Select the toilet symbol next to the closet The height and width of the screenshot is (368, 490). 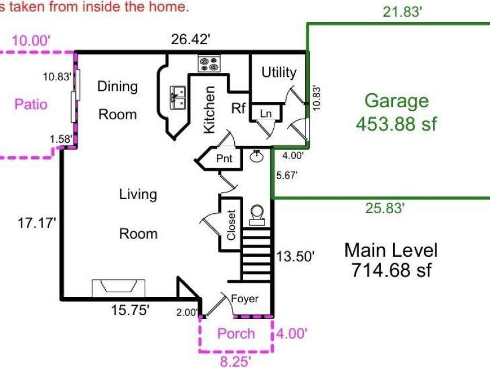click(x=257, y=215)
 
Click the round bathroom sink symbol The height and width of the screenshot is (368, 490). click(x=256, y=157)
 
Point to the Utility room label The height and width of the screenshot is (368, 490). click(x=278, y=72)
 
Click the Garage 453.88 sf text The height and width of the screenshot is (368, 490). click(x=396, y=112)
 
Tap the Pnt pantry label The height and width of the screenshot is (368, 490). click(x=224, y=158)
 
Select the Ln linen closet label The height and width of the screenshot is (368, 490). click(x=265, y=113)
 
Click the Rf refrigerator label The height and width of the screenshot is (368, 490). click(x=238, y=108)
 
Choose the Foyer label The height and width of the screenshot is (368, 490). click(x=244, y=299)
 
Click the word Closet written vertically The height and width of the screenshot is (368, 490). click(x=231, y=225)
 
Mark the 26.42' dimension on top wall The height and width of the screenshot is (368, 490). click(x=190, y=40)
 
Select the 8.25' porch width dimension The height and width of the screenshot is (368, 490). click(x=235, y=362)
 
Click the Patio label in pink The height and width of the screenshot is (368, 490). click(x=31, y=104)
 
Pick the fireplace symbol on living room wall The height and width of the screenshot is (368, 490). click(x=119, y=288)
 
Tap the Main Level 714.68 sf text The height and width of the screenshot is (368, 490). click(x=391, y=260)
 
